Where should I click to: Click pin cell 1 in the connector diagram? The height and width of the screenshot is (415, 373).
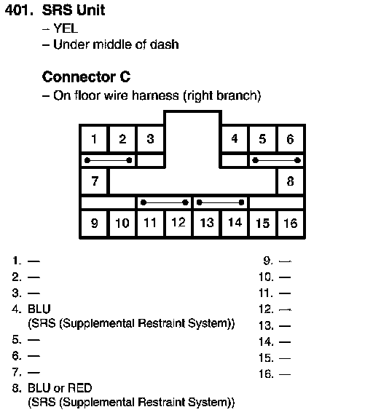click(x=94, y=139)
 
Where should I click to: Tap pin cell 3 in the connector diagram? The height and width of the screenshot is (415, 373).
click(x=150, y=139)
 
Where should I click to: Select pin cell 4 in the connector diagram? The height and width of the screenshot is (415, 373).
click(x=235, y=139)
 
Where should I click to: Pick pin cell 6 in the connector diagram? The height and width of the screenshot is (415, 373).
click(x=291, y=139)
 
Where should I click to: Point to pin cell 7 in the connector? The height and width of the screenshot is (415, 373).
click(x=94, y=181)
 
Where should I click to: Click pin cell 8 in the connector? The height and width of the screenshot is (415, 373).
click(x=291, y=181)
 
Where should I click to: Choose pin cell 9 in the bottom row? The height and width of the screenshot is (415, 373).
click(x=94, y=223)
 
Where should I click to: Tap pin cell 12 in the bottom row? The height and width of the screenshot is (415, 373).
click(x=178, y=223)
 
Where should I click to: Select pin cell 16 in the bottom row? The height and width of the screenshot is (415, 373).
click(x=291, y=223)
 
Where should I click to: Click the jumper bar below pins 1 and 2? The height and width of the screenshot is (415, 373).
click(x=108, y=160)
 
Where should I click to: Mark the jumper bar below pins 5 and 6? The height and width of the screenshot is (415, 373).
click(x=276, y=160)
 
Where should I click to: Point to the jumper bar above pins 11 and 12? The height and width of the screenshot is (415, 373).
click(x=164, y=202)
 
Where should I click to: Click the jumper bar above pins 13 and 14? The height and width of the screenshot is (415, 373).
click(x=221, y=202)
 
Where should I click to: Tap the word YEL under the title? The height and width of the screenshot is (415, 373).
click(x=66, y=28)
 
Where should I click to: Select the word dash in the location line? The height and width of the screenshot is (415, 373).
click(x=164, y=44)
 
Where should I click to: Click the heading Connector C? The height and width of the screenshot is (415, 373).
click(x=87, y=77)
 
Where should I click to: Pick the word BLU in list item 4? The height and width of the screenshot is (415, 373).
click(x=39, y=309)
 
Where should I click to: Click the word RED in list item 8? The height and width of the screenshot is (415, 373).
click(x=79, y=388)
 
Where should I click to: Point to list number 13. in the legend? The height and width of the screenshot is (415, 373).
click(x=266, y=325)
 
